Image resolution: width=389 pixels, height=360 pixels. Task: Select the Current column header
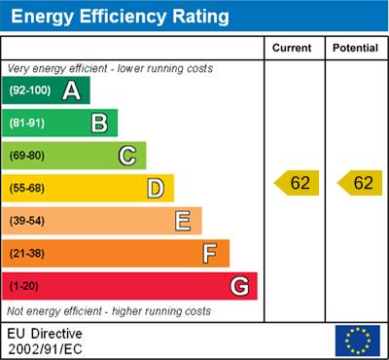pyautogui.click(x=292, y=48)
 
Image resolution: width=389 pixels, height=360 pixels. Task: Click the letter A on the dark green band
pyautogui.click(x=71, y=90)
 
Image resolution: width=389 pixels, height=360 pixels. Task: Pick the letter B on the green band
pyautogui.click(x=99, y=123)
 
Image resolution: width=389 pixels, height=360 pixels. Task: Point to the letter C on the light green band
pyautogui.click(x=127, y=155)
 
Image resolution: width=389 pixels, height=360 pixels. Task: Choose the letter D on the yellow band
pyautogui.click(x=156, y=188)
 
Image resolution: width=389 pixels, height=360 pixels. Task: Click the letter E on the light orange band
pyautogui.click(x=183, y=221)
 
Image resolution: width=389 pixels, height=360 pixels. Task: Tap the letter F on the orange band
pyautogui.click(x=210, y=254)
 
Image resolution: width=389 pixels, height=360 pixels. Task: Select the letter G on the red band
pyautogui.click(x=238, y=287)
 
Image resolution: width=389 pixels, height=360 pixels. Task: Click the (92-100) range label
pyautogui.click(x=30, y=90)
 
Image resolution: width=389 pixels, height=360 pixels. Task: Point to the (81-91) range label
pyautogui.click(x=28, y=123)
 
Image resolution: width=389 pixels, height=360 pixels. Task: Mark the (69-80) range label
pyautogui.click(x=28, y=156)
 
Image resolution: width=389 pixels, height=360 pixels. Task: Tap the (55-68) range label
pyautogui.click(x=28, y=188)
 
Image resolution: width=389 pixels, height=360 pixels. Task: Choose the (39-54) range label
pyautogui.click(x=28, y=221)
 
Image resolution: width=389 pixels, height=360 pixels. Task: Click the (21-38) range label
pyautogui.click(x=28, y=254)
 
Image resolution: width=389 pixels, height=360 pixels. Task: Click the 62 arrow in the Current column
pyautogui.click(x=296, y=182)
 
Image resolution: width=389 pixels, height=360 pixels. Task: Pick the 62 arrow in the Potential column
pyautogui.click(x=357, y=182)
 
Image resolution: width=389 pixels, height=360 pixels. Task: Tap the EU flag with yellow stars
pyautogui.click(x=357, y=340)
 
